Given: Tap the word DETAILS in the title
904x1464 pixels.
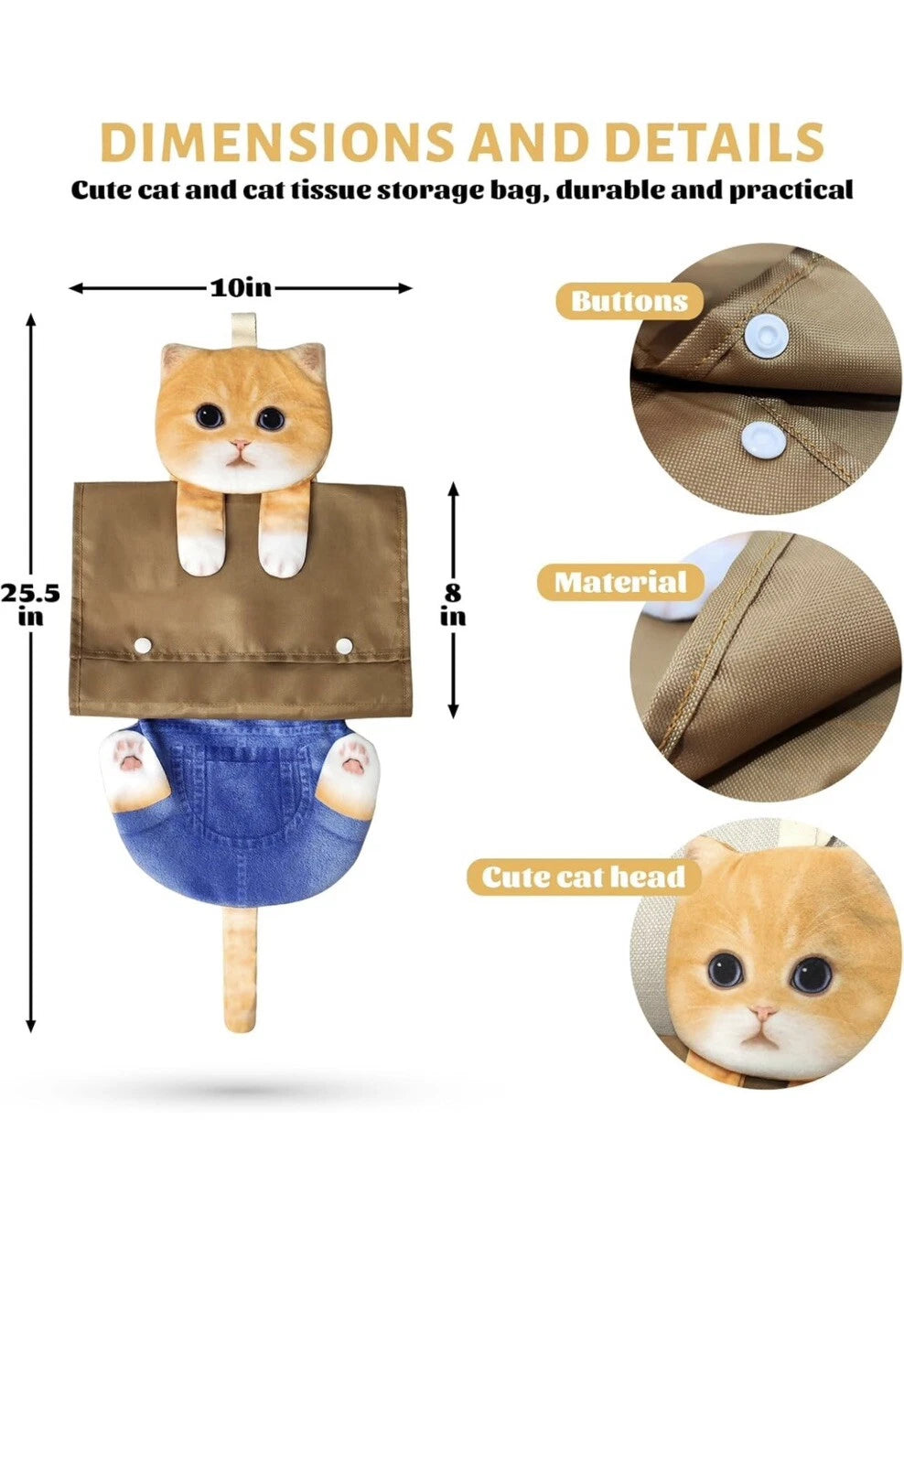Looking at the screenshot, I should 714,143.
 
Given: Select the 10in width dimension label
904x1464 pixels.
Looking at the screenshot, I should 241,287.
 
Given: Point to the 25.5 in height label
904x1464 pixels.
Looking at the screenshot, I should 30,603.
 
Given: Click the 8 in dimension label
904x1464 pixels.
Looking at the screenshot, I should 453,604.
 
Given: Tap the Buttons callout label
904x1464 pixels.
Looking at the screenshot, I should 629,301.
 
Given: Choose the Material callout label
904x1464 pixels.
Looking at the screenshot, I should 620,582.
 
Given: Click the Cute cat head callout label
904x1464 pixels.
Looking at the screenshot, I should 584,877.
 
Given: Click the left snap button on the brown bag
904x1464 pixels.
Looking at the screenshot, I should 143,646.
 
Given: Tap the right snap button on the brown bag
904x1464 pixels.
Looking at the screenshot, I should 344,646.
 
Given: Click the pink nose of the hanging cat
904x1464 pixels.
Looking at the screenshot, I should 240,447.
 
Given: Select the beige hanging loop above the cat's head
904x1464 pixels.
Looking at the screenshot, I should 242,328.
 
